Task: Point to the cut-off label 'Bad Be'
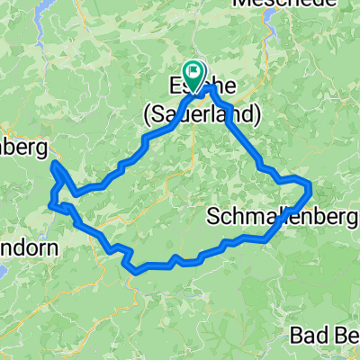[x=326, y=335]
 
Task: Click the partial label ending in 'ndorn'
[x=29, y=247]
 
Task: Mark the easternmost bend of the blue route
[x=311, y=188]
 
